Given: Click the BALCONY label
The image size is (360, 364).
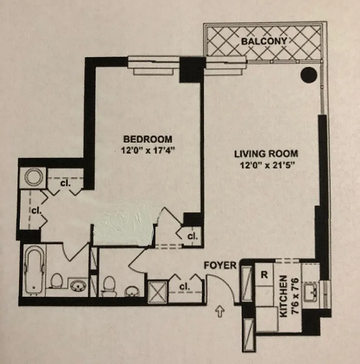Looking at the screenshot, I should pos(264,41).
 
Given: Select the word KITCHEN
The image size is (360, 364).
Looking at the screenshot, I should pos(283,295).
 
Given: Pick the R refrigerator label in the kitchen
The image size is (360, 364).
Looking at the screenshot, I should pos(264,275).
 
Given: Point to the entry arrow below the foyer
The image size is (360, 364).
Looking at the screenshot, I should pos(220,312).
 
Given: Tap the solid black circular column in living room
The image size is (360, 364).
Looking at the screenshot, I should pos(310,73).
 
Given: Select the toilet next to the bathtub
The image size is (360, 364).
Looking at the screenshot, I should pos(56,281).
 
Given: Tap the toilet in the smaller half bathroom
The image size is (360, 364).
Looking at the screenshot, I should pos(109,286).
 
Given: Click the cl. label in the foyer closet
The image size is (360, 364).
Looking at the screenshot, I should pos(184,287).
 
